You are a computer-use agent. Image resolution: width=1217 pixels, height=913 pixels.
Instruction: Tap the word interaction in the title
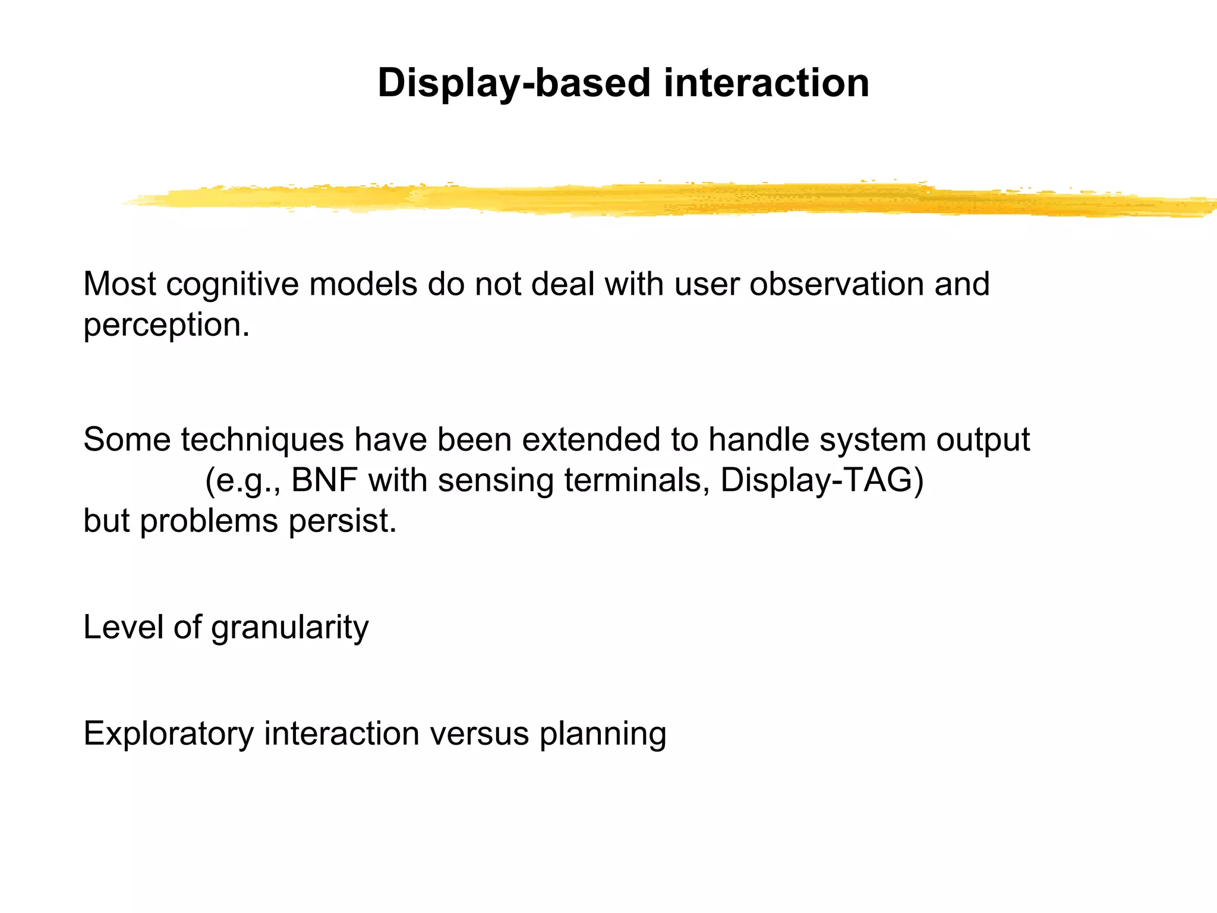click(766, 83)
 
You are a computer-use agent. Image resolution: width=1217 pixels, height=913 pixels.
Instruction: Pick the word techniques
click(262, 440)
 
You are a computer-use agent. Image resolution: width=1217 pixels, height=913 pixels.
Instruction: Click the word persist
click(342, 521)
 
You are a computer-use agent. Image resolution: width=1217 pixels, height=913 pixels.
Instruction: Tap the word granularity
click(289, 628)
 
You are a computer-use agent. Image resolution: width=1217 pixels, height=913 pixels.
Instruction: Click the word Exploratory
click(169, 733)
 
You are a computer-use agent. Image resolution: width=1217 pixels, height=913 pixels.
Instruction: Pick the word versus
click(479, 733)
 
